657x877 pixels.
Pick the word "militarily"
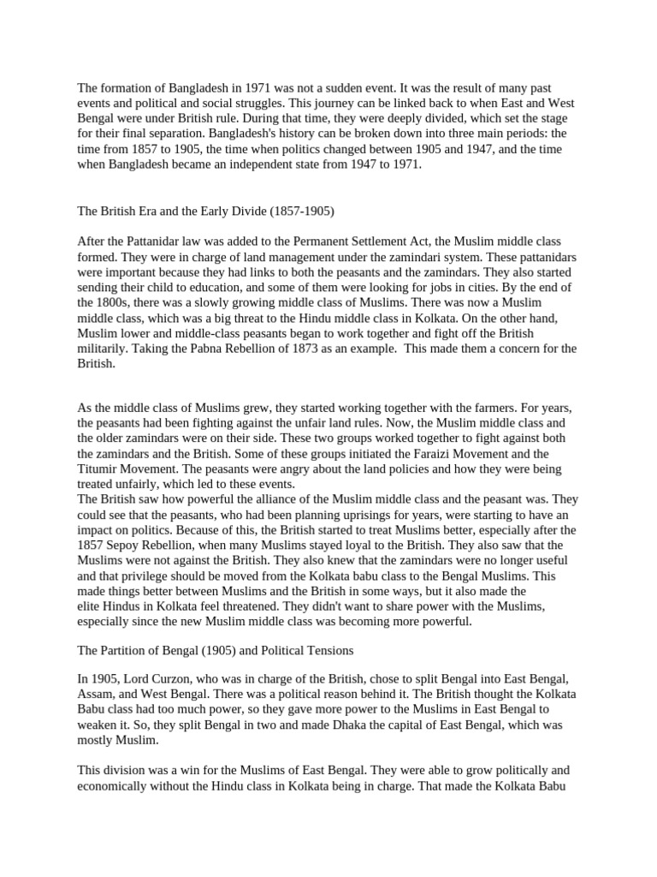tap(103, 349)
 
